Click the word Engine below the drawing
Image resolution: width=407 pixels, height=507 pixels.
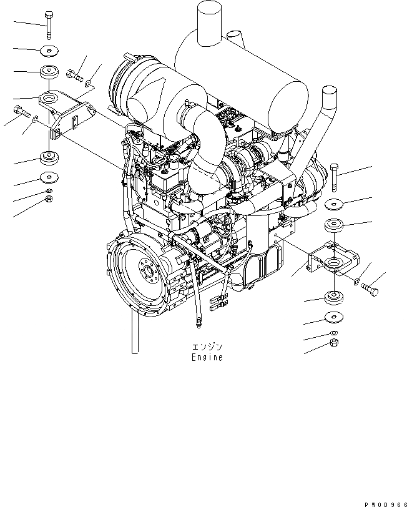point(207,358)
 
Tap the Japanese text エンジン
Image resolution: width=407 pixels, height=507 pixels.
point(207,347)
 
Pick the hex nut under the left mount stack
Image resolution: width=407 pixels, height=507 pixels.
point(49,199)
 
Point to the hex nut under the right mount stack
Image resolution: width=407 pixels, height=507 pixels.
point(334,344)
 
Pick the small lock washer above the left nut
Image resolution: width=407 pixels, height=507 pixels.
point(49,190)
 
